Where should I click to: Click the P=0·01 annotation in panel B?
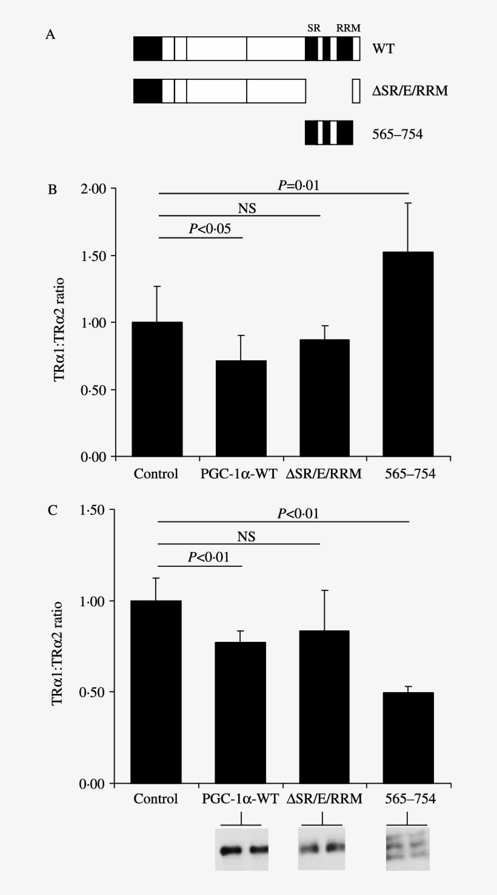click(298, 185)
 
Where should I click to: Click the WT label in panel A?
click(382, 48)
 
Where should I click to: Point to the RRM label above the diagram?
click(348, 28)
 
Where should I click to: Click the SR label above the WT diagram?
click(313, 28)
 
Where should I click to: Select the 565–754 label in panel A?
click(396, 133)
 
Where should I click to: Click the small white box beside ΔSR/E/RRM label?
click(356, 91)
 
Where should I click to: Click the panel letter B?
click(53, 190)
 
